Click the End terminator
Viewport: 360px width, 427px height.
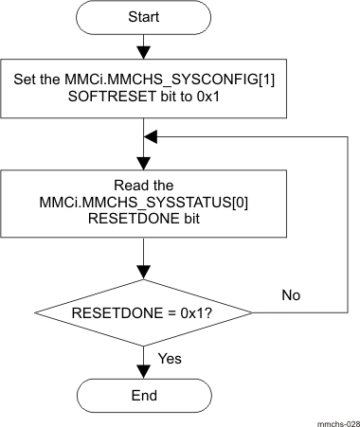(142, 394)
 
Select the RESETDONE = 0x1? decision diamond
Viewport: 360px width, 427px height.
(142, 311)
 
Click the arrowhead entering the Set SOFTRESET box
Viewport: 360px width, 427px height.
(142, 52)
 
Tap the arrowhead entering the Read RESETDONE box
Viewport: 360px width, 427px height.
(142, 165)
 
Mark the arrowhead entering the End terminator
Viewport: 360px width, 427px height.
(142, 372)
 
